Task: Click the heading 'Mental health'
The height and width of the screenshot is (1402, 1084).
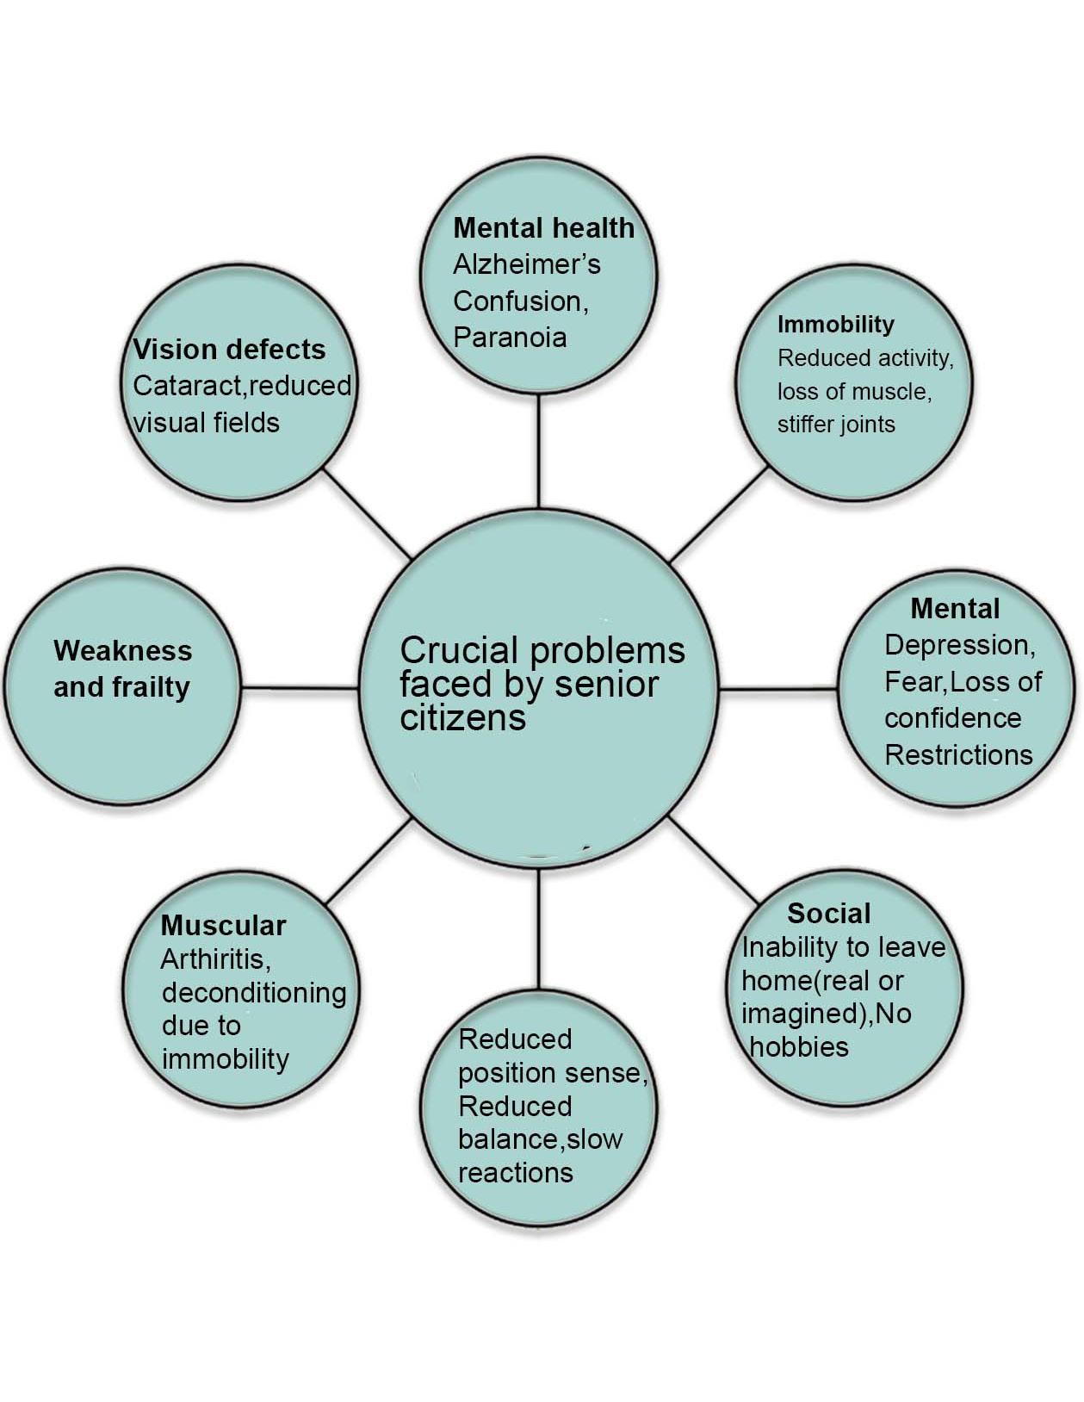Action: click(543, 228)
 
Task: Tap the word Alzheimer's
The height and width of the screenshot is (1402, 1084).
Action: click(526, 264)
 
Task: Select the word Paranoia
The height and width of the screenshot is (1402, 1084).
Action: click(510, 337)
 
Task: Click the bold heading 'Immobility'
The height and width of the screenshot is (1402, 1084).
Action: click(835, 325)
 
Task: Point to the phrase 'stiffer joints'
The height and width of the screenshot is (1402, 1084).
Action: click(836, 425)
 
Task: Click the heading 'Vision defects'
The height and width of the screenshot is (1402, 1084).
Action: click(229, 350)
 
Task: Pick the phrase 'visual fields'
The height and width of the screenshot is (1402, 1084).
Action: click(207, 423)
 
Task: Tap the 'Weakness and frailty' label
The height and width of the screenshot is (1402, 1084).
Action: click(122, 669)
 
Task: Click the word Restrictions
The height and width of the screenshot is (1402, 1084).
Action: click(958, 755)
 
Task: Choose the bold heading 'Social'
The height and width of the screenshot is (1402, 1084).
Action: click(828, 914)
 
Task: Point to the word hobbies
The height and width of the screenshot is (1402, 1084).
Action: click(800, 1047)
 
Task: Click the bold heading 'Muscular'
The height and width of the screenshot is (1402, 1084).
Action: click(223, 926)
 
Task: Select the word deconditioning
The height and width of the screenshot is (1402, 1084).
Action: click(254, 993)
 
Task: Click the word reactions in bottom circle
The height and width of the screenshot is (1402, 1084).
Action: click(516, 1173)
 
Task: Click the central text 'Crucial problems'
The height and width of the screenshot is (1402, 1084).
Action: click(542, 651)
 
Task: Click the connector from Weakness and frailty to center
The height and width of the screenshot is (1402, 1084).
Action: click(299, 688)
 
